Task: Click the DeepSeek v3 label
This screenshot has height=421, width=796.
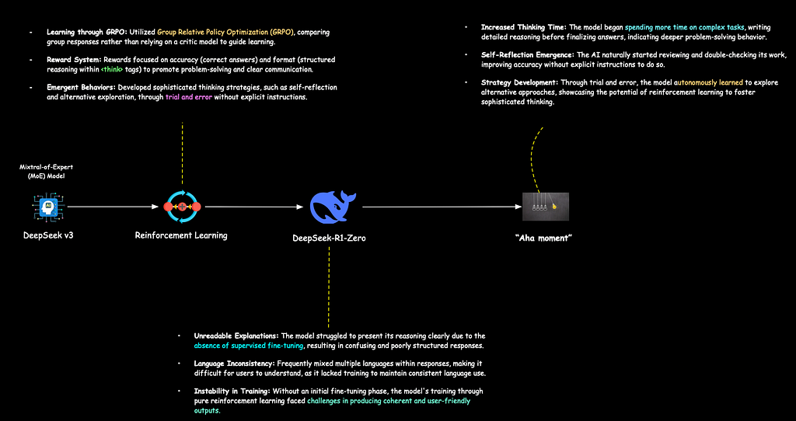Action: [49, 235]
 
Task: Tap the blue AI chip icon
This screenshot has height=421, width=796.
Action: [49, 207]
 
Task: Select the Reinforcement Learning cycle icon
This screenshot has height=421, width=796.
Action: [182, 207]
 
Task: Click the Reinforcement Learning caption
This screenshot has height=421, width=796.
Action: [181, 235]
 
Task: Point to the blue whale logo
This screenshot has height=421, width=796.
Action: [333, 207]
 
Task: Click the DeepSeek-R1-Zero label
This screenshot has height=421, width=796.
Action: [329, 238]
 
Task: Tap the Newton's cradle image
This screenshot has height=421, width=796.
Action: [546, 207]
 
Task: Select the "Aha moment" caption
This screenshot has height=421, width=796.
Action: [543, 238]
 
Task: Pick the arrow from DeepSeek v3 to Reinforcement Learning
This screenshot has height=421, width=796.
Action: [113, 207]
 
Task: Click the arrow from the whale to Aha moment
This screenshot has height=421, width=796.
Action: [442, 207]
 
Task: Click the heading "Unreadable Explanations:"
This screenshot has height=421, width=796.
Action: [236, 336]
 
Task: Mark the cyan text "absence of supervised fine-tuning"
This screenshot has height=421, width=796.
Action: [249, 346]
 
